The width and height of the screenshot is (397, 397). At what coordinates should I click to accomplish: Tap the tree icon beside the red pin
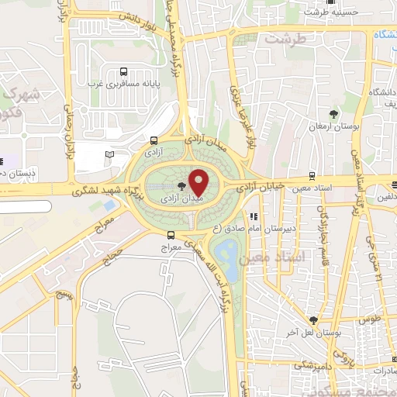pyautogui.click(x=182, y=185)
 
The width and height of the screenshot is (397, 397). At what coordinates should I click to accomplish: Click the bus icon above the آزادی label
pyautogui.click(x=154, y=142)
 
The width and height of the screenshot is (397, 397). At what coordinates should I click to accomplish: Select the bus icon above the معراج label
pyautogui.click(x=171, y=236)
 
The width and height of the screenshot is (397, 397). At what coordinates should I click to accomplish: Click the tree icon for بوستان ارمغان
pyautogui.click(x=334, y=116)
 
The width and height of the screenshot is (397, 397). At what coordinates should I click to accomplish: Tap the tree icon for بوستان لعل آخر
pyautogui.click(x=313, y=319)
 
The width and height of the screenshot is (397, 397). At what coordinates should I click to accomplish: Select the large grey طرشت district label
pyautogui.click(x=281, y=37)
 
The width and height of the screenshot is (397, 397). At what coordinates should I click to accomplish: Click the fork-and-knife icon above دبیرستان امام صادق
pyautogui.click(x=253, y=216)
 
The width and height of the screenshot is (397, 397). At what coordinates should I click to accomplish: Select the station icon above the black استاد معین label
pyautogui.click(x=312, y=175)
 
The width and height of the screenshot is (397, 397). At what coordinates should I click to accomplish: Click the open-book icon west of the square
pyautogui.click(x=109, y=155)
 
